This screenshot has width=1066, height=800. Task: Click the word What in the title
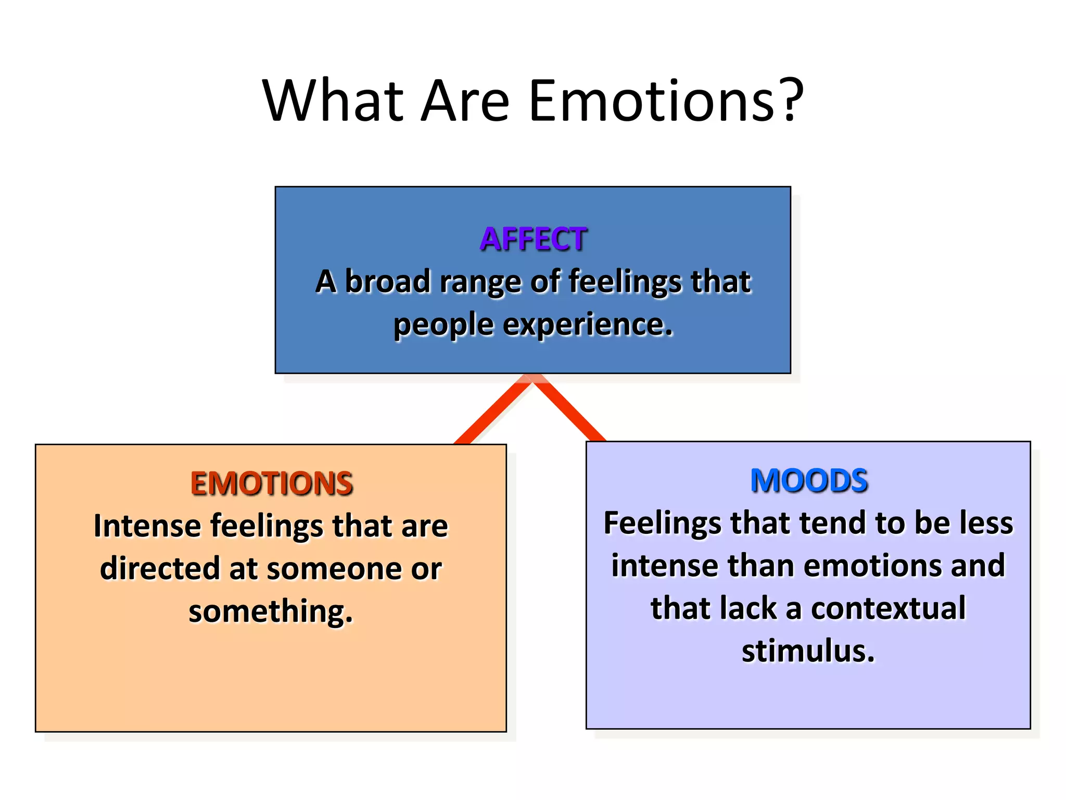pyautogui.click(x=333, y=100)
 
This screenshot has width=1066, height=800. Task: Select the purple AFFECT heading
pyautogui.click(x=533, y=239)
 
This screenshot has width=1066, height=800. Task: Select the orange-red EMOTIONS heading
pyautogui.click(x=271, y=483)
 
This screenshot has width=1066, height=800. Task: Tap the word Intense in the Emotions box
pyautogui.click(x=147, y=526)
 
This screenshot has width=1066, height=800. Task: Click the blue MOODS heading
pyautogui.click(x=809, y=480)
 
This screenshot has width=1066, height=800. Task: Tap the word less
pyautogui.click(x=986, y=523)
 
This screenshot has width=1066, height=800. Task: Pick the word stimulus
pyautogui.click(x=808, y=651)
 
